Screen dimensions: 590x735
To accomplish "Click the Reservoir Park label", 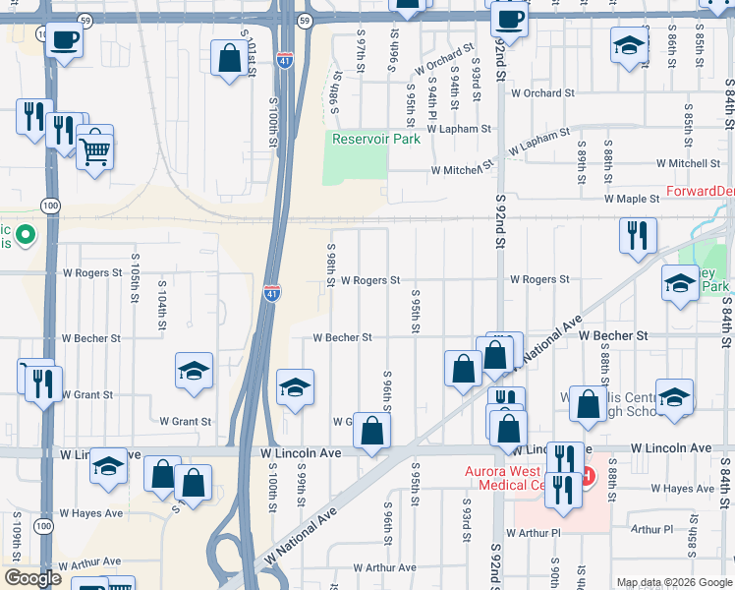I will [x=375, y=139].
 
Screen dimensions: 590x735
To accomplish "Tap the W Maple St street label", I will [x=631, y=199].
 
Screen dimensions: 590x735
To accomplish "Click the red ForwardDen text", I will [x=700, y=191].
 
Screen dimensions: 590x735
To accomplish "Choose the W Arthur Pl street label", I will [x=533, y=532].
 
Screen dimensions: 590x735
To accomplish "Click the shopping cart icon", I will [x=95, y=150].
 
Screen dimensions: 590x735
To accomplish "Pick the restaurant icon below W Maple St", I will [x=638, y=234].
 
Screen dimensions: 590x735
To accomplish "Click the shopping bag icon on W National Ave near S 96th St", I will [x=372, y=429].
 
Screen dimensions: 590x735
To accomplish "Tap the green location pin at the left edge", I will [x=27, y=236].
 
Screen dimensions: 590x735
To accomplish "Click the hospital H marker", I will [x=587, y=477].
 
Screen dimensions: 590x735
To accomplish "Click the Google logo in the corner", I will [x=32, y=579].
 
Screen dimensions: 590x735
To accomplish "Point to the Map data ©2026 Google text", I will [x=673, y=582].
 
